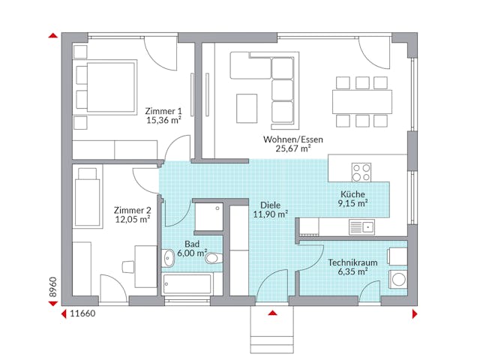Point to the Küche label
[352, 193]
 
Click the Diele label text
[270, 204]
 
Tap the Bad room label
[192, 244]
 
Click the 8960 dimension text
[52, 290]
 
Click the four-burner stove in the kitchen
[361, 171]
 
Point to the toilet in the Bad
[214, 259]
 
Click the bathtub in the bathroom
[187, 283]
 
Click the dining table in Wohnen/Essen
[362, 100]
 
